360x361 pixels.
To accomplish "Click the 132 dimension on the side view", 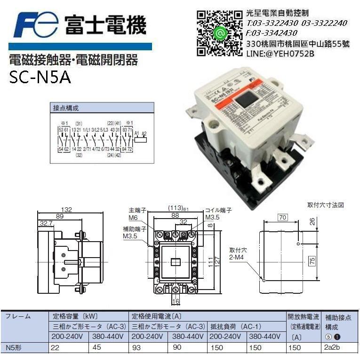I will coord(68,210).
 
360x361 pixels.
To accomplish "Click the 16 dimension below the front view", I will coord(176,301).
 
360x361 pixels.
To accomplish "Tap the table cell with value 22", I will coord(56,348).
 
